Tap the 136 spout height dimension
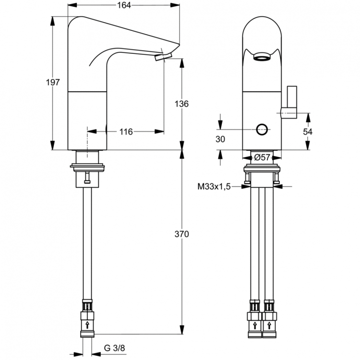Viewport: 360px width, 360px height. [x=182, y=104]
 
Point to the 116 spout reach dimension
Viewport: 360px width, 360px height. [x=126, y=131]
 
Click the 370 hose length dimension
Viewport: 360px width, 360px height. [x=182, y=234]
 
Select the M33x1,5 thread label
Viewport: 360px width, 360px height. [x=214, y=186]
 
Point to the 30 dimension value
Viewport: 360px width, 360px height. [x=220, y=139]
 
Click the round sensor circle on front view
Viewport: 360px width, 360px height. [x=263, y=129]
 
